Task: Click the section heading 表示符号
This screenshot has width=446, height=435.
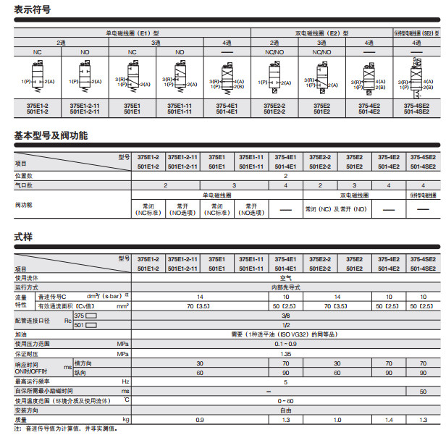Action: [x=33, y=9]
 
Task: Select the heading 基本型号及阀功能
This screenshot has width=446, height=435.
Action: [x=51, y=135]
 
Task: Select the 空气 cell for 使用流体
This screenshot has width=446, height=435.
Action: [x=285, y=278]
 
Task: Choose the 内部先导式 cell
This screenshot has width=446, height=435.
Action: [x=285, y=287]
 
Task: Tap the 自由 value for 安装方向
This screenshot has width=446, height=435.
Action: [x=285, y=410]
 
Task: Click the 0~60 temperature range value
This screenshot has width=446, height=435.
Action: [x=285, y=400]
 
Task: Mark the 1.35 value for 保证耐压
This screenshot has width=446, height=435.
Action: [x=285, y=354]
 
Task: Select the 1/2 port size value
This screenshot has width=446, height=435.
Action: [x=285, y=325]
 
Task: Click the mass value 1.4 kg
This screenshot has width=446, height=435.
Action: [x=390, y=420]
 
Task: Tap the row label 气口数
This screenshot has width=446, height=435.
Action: [x=25, y=185]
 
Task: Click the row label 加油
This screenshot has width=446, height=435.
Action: [x=22, y=334]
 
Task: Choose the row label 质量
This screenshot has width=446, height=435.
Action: [x=22, y=420]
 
